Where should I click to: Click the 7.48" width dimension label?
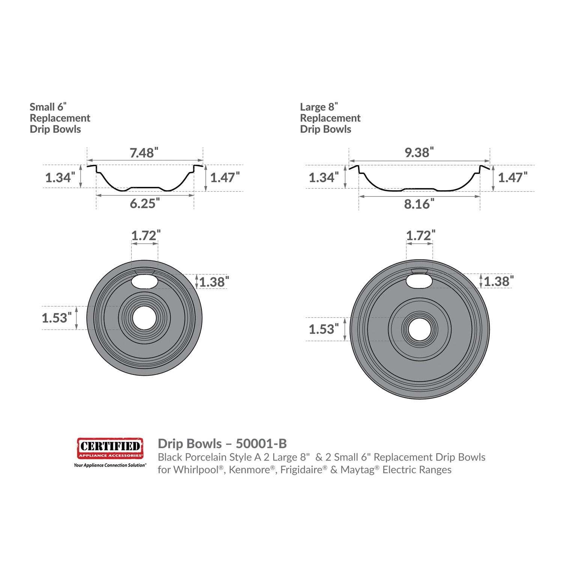click(144, 153)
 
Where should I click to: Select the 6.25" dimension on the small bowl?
click(145, 203)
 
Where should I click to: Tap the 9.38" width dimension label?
click(419, 152)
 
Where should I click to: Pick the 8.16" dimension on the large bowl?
click(419, 204)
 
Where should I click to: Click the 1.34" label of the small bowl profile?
click(60, 177)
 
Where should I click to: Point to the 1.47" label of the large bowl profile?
click(513, 177)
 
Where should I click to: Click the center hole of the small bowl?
click(145, 318)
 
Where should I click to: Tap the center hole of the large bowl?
click(420, 329)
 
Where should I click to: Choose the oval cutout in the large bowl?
click(420, 281)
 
